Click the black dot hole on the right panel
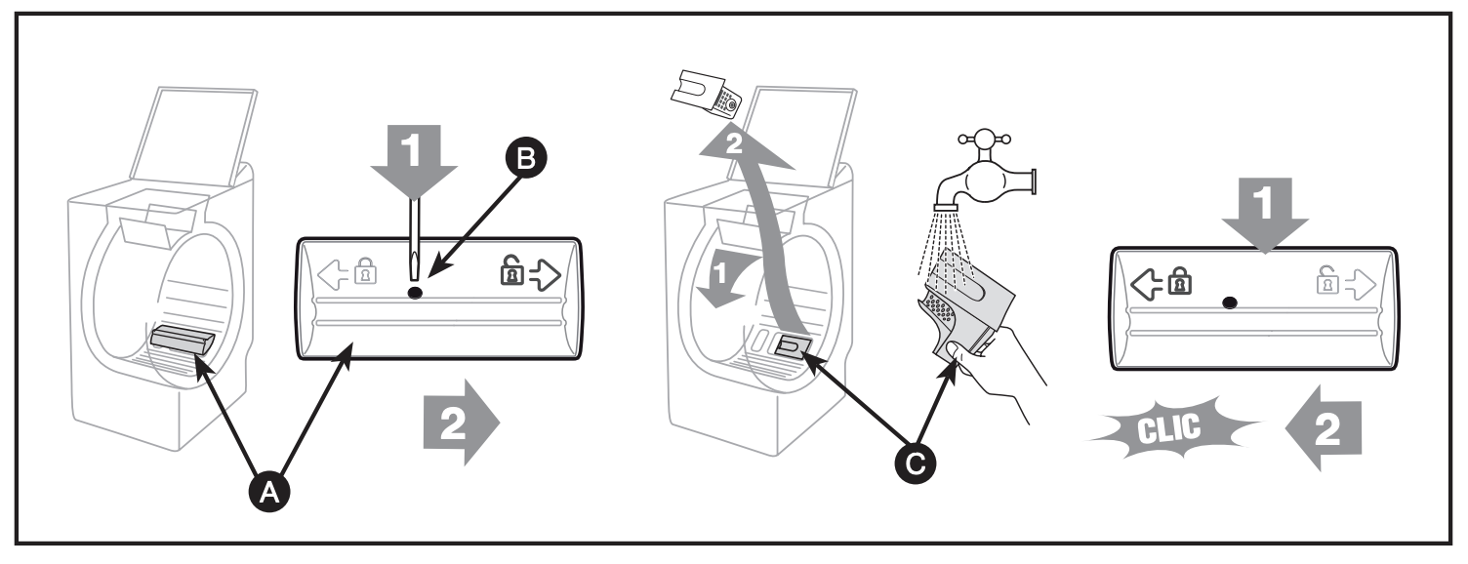[1228, 303]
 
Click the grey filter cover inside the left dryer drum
[182, 342]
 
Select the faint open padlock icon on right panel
[1329, 285]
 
